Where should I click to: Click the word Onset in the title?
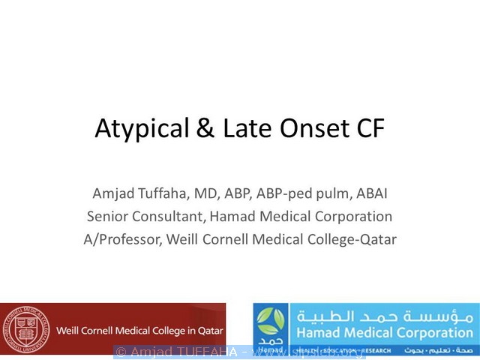coord(304,129)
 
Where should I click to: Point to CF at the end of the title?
coord(367,129)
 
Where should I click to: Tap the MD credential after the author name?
coord(211,193)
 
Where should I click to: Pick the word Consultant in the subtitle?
coord(169,217)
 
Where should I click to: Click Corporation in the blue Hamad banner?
coord(430,332)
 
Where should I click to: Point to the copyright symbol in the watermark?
coord(120,352)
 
